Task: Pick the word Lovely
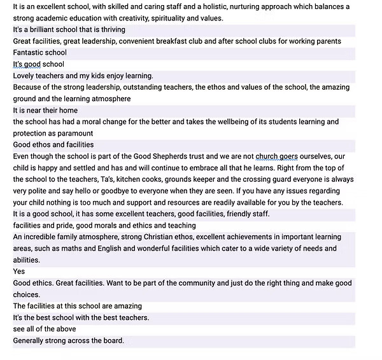pos(25,76)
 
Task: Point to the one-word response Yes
pos(19,272)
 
